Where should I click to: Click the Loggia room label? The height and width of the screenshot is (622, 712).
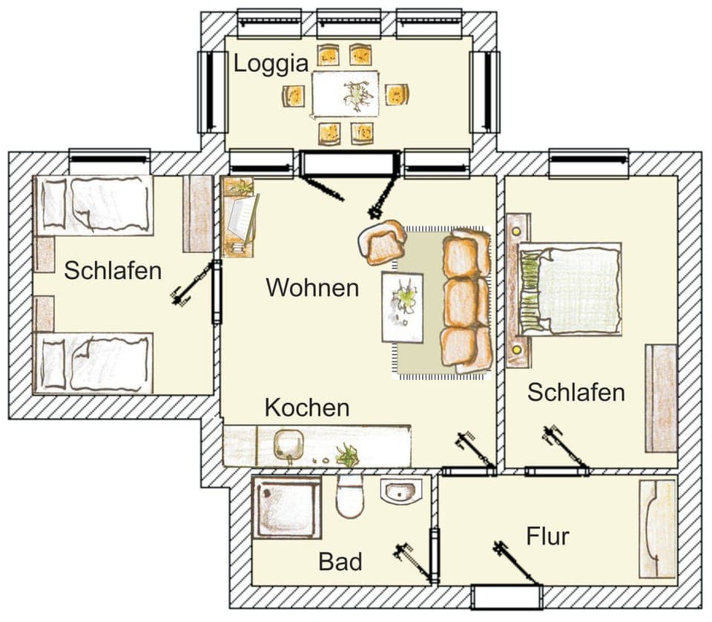271,64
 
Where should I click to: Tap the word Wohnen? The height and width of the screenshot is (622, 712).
312,287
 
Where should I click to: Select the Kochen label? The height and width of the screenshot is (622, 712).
307,407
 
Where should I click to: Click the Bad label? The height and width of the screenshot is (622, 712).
340,562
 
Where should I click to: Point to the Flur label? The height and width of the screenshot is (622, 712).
547,536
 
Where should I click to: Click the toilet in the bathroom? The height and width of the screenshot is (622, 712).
350,496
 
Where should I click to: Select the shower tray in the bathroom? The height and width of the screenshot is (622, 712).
286,507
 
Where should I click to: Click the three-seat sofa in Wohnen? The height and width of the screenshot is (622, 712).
465,300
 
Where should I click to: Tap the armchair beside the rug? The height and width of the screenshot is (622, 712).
383,243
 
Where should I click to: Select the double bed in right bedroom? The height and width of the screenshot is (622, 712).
570,289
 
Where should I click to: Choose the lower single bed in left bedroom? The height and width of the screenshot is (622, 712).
93,363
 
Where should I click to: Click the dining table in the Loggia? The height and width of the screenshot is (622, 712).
345,94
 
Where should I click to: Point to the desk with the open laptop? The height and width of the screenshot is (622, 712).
240,217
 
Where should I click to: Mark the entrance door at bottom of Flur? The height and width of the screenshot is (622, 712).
507,596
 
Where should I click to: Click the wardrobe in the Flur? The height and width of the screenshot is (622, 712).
657,528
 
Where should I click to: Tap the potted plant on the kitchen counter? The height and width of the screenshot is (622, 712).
346,454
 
